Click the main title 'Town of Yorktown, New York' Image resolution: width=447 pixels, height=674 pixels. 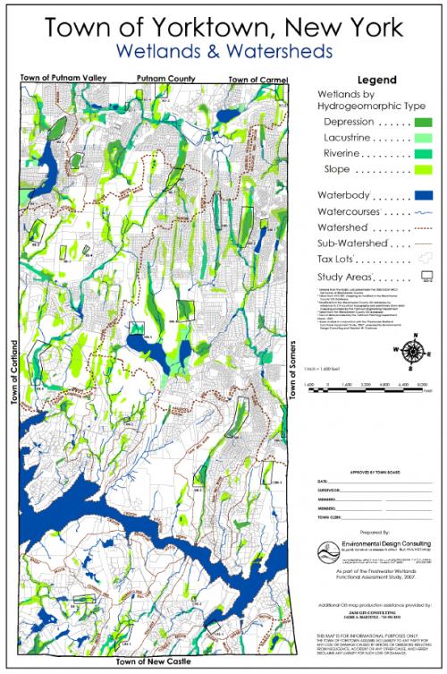[x=223, y=29]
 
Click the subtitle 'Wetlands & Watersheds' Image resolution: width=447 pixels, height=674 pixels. [x=223, y=55]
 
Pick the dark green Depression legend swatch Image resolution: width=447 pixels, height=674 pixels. [x=424, y=122]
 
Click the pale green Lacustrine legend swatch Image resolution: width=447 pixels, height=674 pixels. [x=424, y=138]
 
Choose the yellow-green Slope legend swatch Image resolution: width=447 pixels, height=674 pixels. [x=424, y=169]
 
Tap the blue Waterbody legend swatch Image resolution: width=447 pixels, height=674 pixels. [x=424, y=194]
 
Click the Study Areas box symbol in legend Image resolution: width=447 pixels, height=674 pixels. [x=426, y=277]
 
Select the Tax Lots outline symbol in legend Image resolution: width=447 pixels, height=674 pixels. [x=425, y=259]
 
